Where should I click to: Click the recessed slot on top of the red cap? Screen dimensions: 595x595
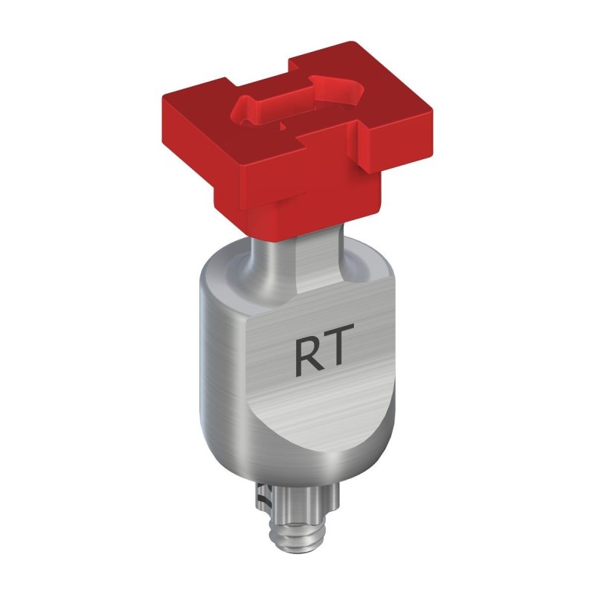(297, 104)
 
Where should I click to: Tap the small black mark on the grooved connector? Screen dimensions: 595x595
(260, 495)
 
